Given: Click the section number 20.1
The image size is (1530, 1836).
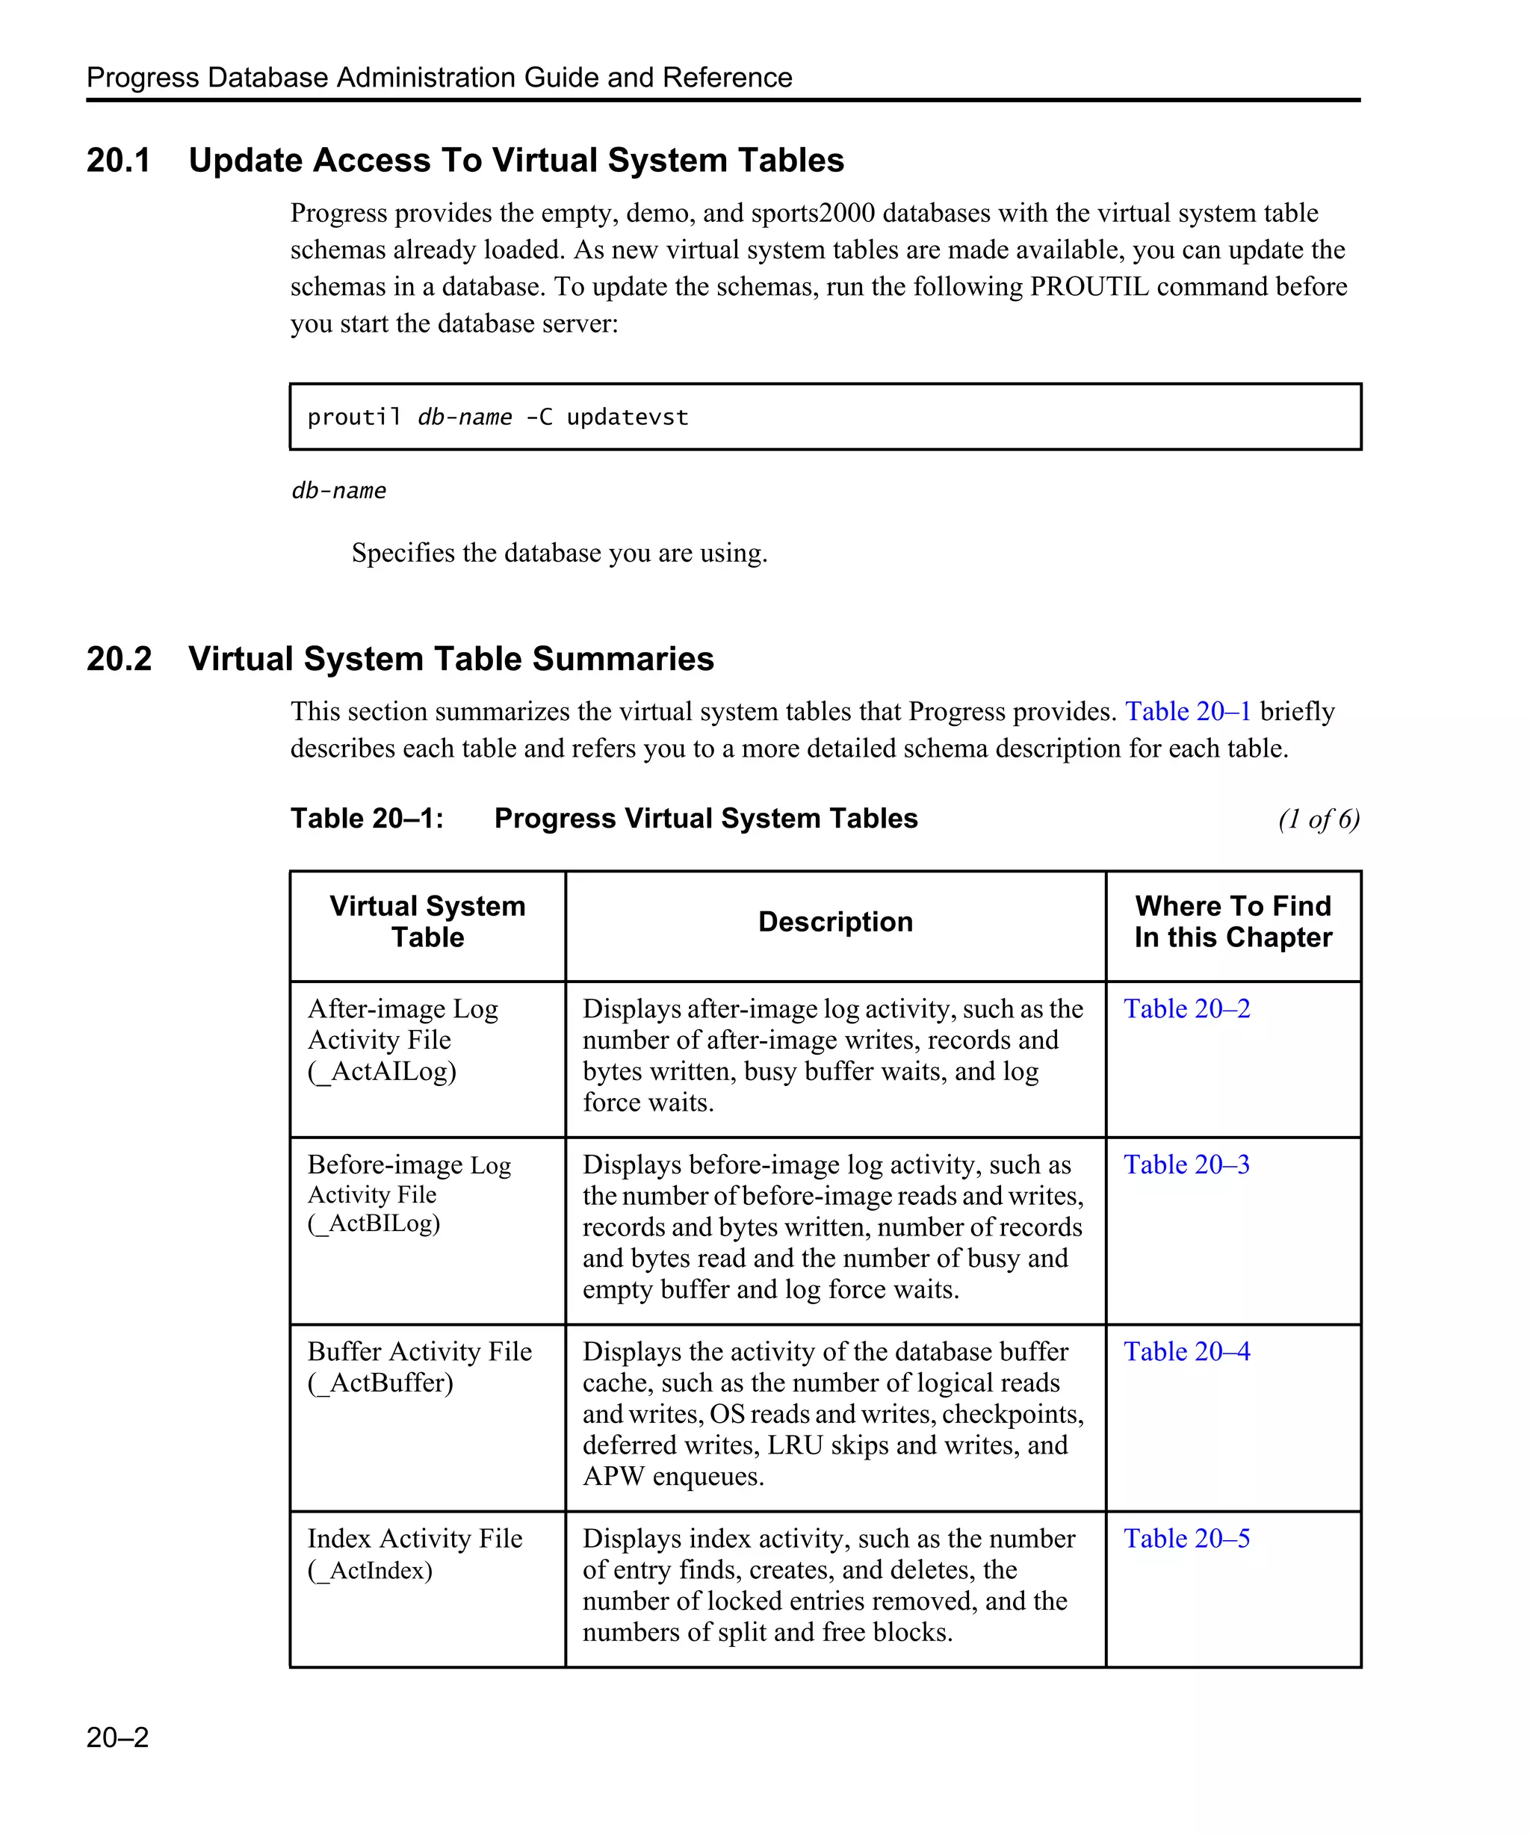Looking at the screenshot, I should tap(119, 160).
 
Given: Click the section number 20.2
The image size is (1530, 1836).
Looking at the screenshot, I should tap(119, 658).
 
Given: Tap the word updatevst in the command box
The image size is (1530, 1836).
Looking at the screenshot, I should tap(627, 417).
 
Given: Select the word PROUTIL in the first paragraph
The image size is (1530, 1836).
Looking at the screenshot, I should tap(1088, 287).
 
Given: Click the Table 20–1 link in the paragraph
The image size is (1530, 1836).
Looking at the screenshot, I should tap(1187, 711).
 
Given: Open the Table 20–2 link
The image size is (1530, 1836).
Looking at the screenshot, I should tap(1186, 1008).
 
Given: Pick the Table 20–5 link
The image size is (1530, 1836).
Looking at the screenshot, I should tap(1186, 1538).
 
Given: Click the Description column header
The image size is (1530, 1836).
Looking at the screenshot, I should tap(835, 922).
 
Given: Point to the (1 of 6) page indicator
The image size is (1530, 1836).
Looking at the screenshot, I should tap(1319, 819).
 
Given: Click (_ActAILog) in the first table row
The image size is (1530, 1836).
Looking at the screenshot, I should tap(382, 1071).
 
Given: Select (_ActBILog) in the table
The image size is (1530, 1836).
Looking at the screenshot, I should tap(374, 1223).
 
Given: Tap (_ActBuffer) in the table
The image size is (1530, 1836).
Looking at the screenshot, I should tap(380, 1383).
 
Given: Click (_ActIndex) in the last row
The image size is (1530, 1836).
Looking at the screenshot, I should tap(370, 1569).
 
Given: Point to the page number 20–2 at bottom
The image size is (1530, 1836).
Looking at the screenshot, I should tap(118, 1737).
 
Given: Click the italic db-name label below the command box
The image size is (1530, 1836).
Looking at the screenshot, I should tap(339, 491).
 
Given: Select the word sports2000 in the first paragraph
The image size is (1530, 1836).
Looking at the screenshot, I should tap(813, 214).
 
